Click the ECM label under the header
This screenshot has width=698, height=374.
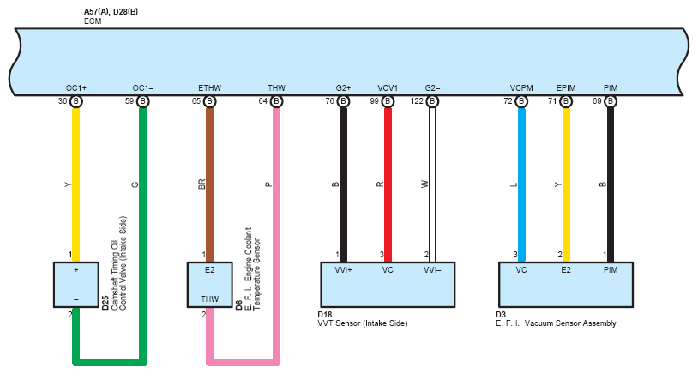tap(93, 20)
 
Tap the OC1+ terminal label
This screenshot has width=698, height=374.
tap(76, 88)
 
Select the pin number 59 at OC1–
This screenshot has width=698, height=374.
tap(129, 101)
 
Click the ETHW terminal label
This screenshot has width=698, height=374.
tap(209, 88)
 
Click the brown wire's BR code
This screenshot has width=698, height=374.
tap(201, 184)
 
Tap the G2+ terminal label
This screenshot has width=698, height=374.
tap(343, 88)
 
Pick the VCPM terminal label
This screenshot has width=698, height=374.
tap(520, 88)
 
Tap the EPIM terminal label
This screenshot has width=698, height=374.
tap(565, 88)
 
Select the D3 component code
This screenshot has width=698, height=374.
tap(502, 315)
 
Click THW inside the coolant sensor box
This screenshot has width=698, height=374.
tap(209, 299)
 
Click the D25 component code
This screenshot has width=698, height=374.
tap(105, 302)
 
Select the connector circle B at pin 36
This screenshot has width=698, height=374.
tap(76, 101)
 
